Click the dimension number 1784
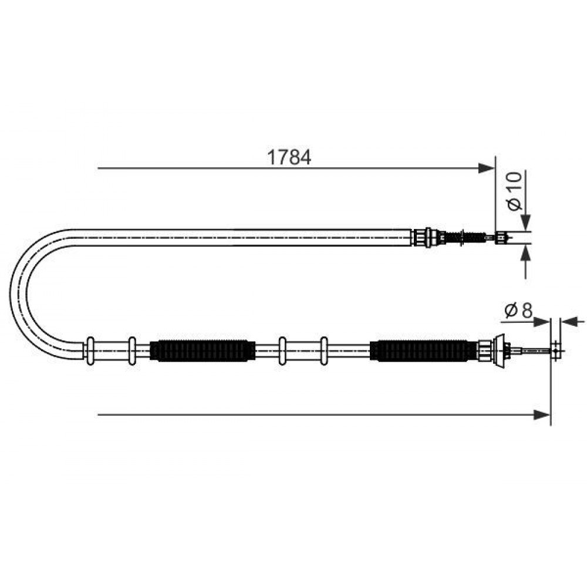(x=289, y=157)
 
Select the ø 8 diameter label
(x=518, y=311)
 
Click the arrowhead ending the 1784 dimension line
(x=487, y=168)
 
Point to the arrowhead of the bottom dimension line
(x=542, y=414)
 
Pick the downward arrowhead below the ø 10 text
(x=526, y=223)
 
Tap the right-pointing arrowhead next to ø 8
(x=542, y=321)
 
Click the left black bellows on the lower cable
(x=203, y=350)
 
